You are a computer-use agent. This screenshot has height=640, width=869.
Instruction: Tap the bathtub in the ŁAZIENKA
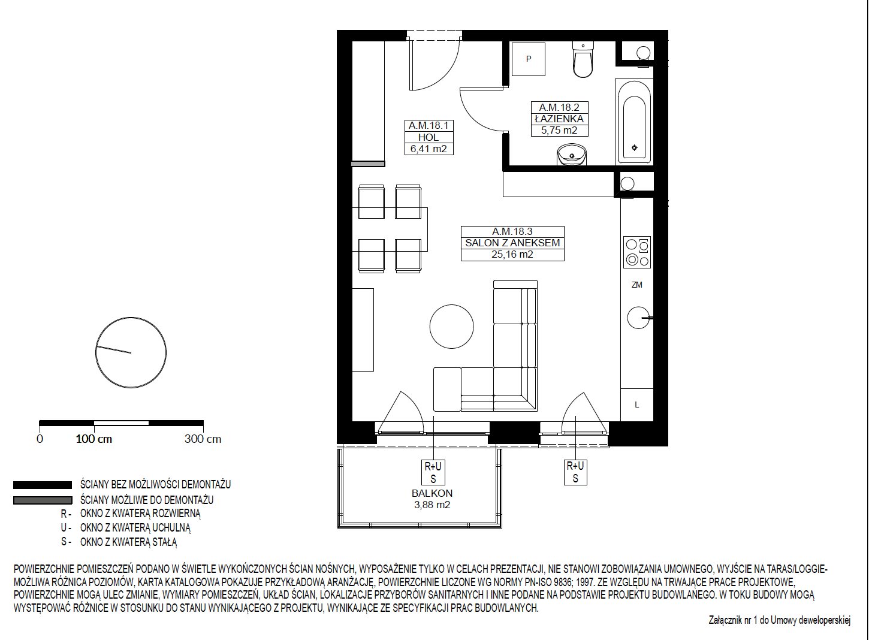pyautogui.click(x=634, y=122)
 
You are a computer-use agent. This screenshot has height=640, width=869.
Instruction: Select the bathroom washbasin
pyautogui.click(x=572, y=155)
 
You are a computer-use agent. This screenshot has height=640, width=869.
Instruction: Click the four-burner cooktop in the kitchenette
pyautogui.click(x=637, y=252)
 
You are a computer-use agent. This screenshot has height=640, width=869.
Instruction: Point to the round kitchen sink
pyautogui.click(x=638, y=318)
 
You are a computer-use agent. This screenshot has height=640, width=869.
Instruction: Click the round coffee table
pyautogui.click(x=451, y=326)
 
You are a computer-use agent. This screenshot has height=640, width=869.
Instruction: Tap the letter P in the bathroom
pyautogui.click(x=529, y=59)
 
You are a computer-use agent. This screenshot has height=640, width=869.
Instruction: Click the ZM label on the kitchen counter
pyautogui.click(x=636, y=285)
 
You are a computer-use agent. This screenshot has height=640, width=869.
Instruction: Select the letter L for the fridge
pyautogui.click(x=636, y=404)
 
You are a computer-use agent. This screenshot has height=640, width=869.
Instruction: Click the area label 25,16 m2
pyautogui.click(x=512, y=255)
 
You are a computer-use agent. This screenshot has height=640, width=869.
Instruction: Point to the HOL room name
pyautogui.click(x=429, y=137)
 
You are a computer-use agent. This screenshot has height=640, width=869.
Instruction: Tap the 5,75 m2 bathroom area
pyautogui.click(x=559, y=130)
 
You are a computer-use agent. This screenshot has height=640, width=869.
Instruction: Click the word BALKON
pyautogui.click(x=432, y=493)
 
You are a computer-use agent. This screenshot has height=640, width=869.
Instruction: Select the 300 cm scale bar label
pyautogui.click(x=203, y=439)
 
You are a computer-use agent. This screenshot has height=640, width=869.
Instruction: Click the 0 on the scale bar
pyautogui.click(x=40, y=439)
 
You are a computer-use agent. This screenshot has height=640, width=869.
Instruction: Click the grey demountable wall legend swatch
pyautogui.click(x=43, y=500)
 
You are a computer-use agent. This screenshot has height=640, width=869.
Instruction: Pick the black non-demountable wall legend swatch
pyautogui.click(x=43, y=485)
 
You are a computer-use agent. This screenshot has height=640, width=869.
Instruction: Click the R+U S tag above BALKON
pyautogui.click(x=433, y=472)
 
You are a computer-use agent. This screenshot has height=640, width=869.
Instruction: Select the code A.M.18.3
pyautogui.click(x=512, y=231)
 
